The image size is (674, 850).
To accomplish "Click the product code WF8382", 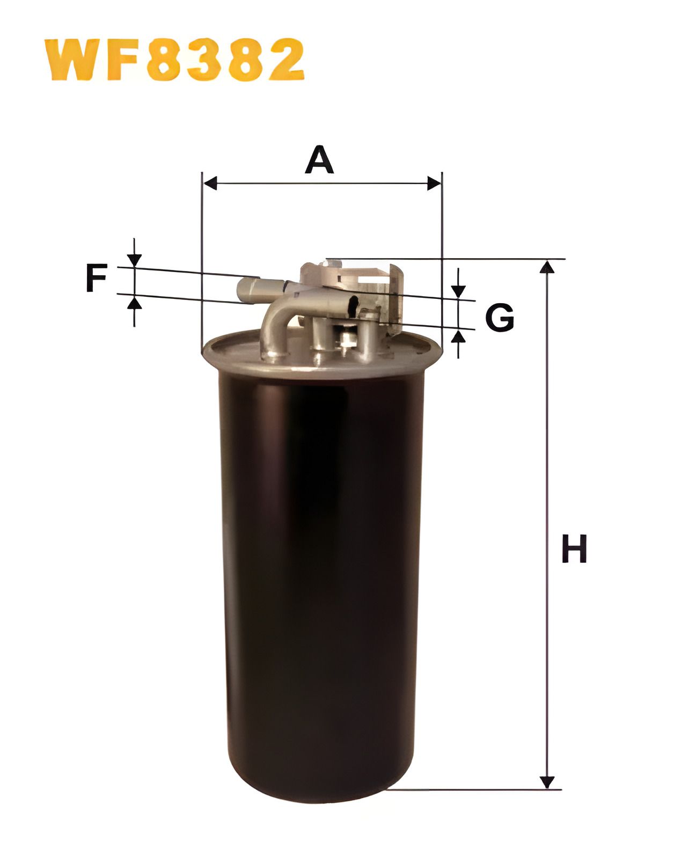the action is (174, 60).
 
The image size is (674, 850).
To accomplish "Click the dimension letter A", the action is (319, 160).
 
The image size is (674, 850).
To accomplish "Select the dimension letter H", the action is (574, 548).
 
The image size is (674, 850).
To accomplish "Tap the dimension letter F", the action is (97, 278).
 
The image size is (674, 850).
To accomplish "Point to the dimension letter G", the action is (500, 318).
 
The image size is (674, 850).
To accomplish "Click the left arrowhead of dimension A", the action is (210, 184).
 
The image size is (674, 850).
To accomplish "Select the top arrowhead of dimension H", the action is (547, 267).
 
